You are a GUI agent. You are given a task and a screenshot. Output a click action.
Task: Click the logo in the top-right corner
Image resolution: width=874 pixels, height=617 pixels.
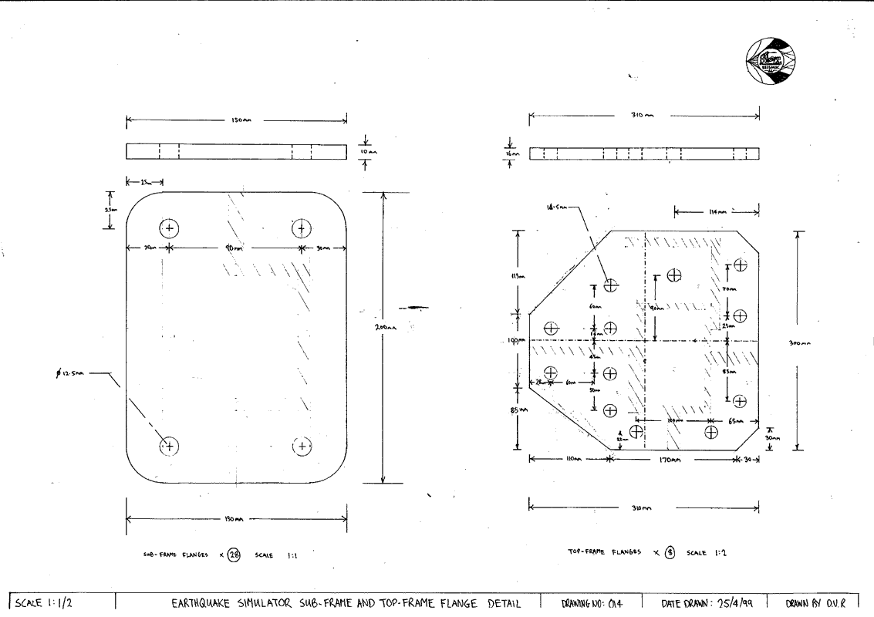click(772, 60)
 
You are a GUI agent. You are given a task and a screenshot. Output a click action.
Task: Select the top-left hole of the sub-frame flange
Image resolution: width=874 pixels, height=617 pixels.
click(170, 228)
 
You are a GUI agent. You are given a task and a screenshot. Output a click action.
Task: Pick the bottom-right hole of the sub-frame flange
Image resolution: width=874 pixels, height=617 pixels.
click(302, 446)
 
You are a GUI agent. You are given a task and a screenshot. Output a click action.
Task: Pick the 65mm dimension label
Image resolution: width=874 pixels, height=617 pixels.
click(737, 421)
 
